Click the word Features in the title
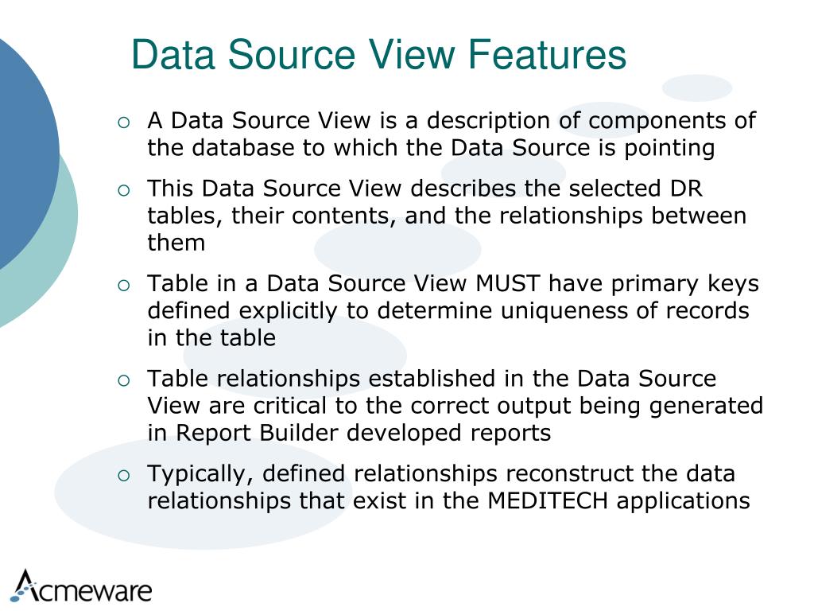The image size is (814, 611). click(547, 56)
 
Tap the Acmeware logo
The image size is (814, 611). click(82, 587)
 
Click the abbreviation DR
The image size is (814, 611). click(688, 189)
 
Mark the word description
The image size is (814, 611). click(486, 122)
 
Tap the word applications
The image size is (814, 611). click(683, 501)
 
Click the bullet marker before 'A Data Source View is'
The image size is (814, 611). click(123, 123)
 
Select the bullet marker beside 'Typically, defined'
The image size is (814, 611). click(123, 476)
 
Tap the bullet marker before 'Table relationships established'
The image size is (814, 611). click(123, 380)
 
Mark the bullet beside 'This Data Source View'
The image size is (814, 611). click(123, 190)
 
